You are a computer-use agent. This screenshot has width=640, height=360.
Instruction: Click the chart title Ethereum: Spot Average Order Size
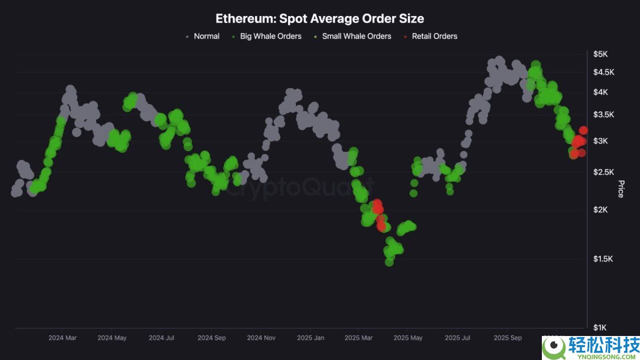pos(319,19)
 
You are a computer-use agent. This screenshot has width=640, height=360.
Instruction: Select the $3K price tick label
pos(601,141)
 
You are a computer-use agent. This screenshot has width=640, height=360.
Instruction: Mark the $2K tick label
pos(601,210)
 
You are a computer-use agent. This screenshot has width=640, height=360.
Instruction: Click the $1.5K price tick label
pos(603,259)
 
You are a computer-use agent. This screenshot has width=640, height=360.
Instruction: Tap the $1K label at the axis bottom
pos(601,327)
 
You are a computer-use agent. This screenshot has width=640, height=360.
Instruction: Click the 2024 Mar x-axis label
pos(63,338)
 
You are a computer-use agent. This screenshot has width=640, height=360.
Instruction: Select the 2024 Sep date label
pos(212,338)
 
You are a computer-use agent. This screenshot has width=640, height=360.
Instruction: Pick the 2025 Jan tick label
pos(311,338)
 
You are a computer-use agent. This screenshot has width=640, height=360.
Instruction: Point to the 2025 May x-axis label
pos(407,338)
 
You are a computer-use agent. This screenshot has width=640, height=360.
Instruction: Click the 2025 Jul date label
pos(458,338)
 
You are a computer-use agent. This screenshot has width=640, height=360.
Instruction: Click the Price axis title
pos(621,189)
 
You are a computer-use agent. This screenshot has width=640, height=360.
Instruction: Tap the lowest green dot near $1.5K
pos(389,262)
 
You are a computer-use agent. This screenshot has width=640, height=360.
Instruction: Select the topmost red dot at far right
pos(583,130)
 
